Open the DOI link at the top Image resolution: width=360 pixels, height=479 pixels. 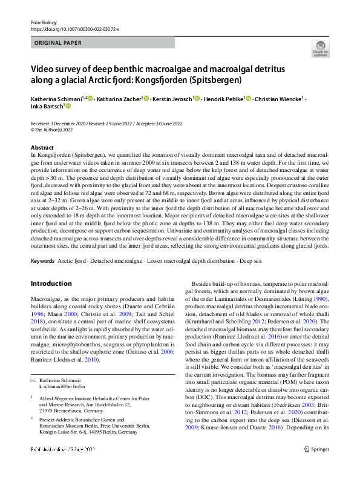pyautogui.click(x=74, y=28)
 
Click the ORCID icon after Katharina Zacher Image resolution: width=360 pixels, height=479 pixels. pyautogui.click(x=147, y=98)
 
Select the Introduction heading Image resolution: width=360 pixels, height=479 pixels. pyautogui.click(x=51, y=283)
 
